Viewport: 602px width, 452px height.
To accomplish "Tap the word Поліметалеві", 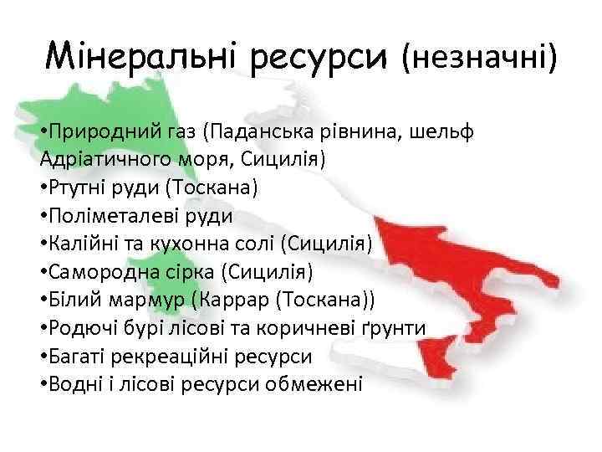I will click(114, 215).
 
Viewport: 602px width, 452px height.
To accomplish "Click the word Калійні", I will click(82, 244).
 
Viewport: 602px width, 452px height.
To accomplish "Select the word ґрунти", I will click(394, 328).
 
